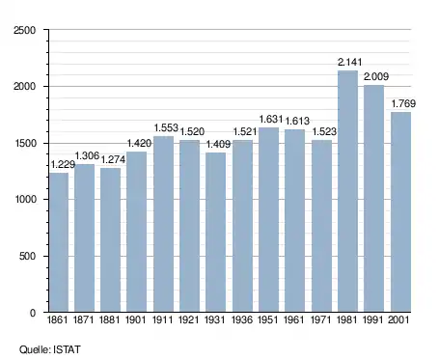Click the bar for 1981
pyautogui.click(x=347, y=191)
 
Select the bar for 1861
pyautogui.click(x=59, y=242)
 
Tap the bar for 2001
pyautogui.click(x=400, y=212)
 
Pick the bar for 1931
pyautogui.click(x=215, y=233)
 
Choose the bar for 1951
pyautogui.click(x=268, y=220)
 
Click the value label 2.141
pyautogui.click(x=349, y=62)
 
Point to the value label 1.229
pyautogui.click(x=63, y=164)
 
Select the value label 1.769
pyautogui.click(x=403, y=103)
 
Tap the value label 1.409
pyautogui.click(x=218, y=144)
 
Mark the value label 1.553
pyautogui.click(x=166, y=127)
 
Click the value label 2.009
pyautogui.click(x=376, y=76)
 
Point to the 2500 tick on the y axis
pyautogui.click(x=25, y=30)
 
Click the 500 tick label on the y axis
pyautogui.click(x=27, y=257)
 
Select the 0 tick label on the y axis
pyautogui.click(x=33, y=313)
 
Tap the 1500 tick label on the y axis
pyautogui.click(x=25, y=143)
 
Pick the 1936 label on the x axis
pyautogui.click(x=242, y=319)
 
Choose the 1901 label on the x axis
pyautogui.click(x=136, y=319)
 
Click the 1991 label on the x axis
pyautogui.click(x=373, y=319)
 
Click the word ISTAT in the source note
pyautogui.click(x=67, y=349)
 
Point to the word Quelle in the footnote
pyautogui.click(x=35, y=349)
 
